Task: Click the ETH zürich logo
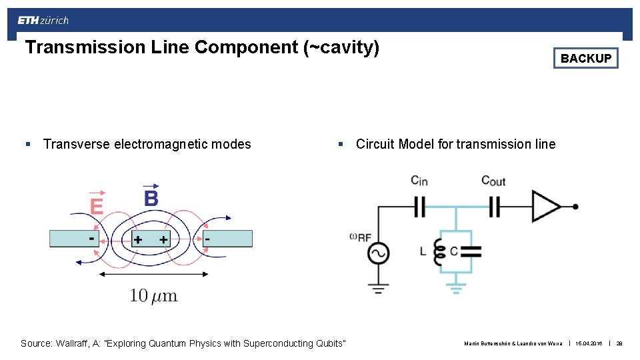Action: coord(43,20)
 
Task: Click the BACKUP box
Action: coord(585,59)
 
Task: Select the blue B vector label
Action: coord(151,197)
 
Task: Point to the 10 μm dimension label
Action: coord(153,295)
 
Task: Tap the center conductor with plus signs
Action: coord(150,239)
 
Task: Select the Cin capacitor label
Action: coord(419,181)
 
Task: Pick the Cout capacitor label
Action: coord(493,181)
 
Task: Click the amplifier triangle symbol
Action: coord(546,207)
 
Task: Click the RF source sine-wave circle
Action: coord(379,253)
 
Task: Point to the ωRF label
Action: coord(361,237)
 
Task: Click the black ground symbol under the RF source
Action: coord(379,288)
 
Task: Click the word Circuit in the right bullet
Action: coord(375,144)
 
